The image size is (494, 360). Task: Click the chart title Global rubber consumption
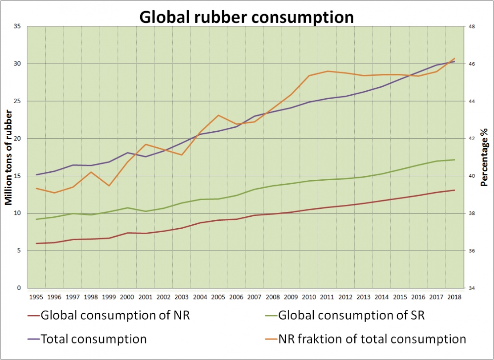(247, 17)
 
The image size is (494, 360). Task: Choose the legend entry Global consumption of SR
(351, 316)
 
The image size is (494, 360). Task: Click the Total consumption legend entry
(93, 339)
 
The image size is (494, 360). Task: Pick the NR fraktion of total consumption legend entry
(372, 339)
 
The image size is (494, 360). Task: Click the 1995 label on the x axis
(36, 297)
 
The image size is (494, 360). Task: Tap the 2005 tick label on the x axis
(218, 297)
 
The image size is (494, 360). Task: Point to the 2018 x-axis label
(454, 297)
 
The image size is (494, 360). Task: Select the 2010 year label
(309, 297)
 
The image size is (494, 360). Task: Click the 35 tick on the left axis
(18, 26)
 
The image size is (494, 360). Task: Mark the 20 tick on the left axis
(18, 138)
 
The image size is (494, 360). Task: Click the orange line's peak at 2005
(218, 115)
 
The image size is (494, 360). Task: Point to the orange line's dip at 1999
(109, 186)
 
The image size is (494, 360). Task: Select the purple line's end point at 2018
(454, 61)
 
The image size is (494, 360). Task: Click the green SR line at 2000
(127, 208)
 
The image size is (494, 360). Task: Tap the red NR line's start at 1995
(36, 243)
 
